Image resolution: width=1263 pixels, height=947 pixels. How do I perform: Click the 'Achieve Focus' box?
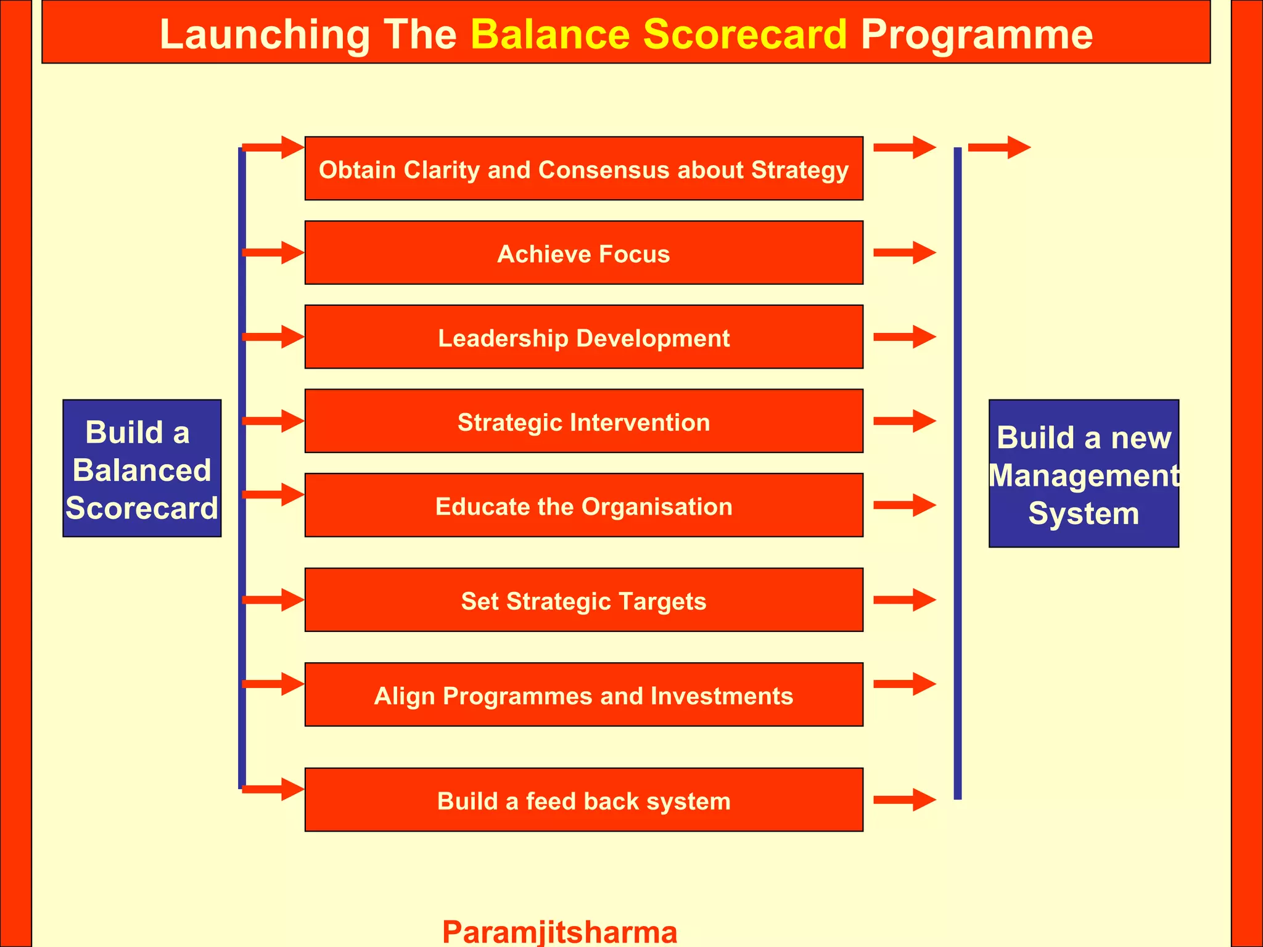click(583, 253)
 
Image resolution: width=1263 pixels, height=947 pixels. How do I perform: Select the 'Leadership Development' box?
click(583, 337)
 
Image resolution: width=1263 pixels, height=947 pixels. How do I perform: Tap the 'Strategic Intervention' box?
click(583, 421)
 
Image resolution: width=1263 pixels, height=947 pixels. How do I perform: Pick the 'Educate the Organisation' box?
click(583, 506)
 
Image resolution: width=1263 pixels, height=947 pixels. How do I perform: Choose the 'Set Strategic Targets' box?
click(583, 600)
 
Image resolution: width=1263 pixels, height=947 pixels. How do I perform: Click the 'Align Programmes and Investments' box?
click(583, 695)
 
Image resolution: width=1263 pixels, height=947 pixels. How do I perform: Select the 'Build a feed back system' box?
click(583, 800)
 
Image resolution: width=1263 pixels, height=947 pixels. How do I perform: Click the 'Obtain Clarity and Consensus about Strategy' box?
click(583, 168)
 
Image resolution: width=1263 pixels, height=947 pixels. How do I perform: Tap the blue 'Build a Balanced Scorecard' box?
click(142, 469)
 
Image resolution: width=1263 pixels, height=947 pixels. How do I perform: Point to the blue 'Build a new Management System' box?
click(1084, 473)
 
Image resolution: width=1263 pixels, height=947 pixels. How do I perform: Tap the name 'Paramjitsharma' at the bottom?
click(559, 931)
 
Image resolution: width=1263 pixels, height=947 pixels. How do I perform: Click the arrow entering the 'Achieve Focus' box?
click(273, 253)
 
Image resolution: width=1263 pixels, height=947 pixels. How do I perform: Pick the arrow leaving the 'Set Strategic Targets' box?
click(905, 600)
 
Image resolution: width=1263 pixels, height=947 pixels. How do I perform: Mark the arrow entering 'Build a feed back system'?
click(273, 789)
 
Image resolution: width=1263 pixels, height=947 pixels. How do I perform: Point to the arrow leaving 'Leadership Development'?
click(905, 337)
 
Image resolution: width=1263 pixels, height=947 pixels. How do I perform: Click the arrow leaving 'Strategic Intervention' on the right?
click(905, 421)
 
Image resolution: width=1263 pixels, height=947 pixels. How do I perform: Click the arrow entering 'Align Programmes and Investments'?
click(273, 684)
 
